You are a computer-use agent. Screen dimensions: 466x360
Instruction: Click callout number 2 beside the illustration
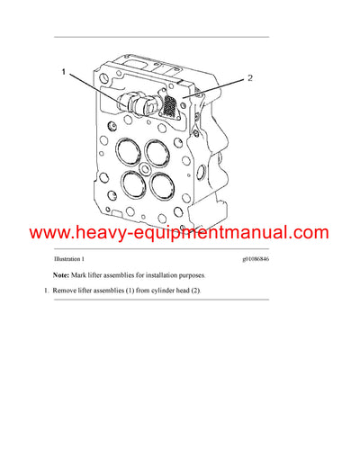(x=249, y=78)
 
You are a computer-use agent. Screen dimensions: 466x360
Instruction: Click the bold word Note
(x=63, y=274)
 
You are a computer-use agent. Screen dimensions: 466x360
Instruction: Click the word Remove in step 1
(x=67, y=291)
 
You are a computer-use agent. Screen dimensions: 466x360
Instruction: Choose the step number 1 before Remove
(x=46, y=291)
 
